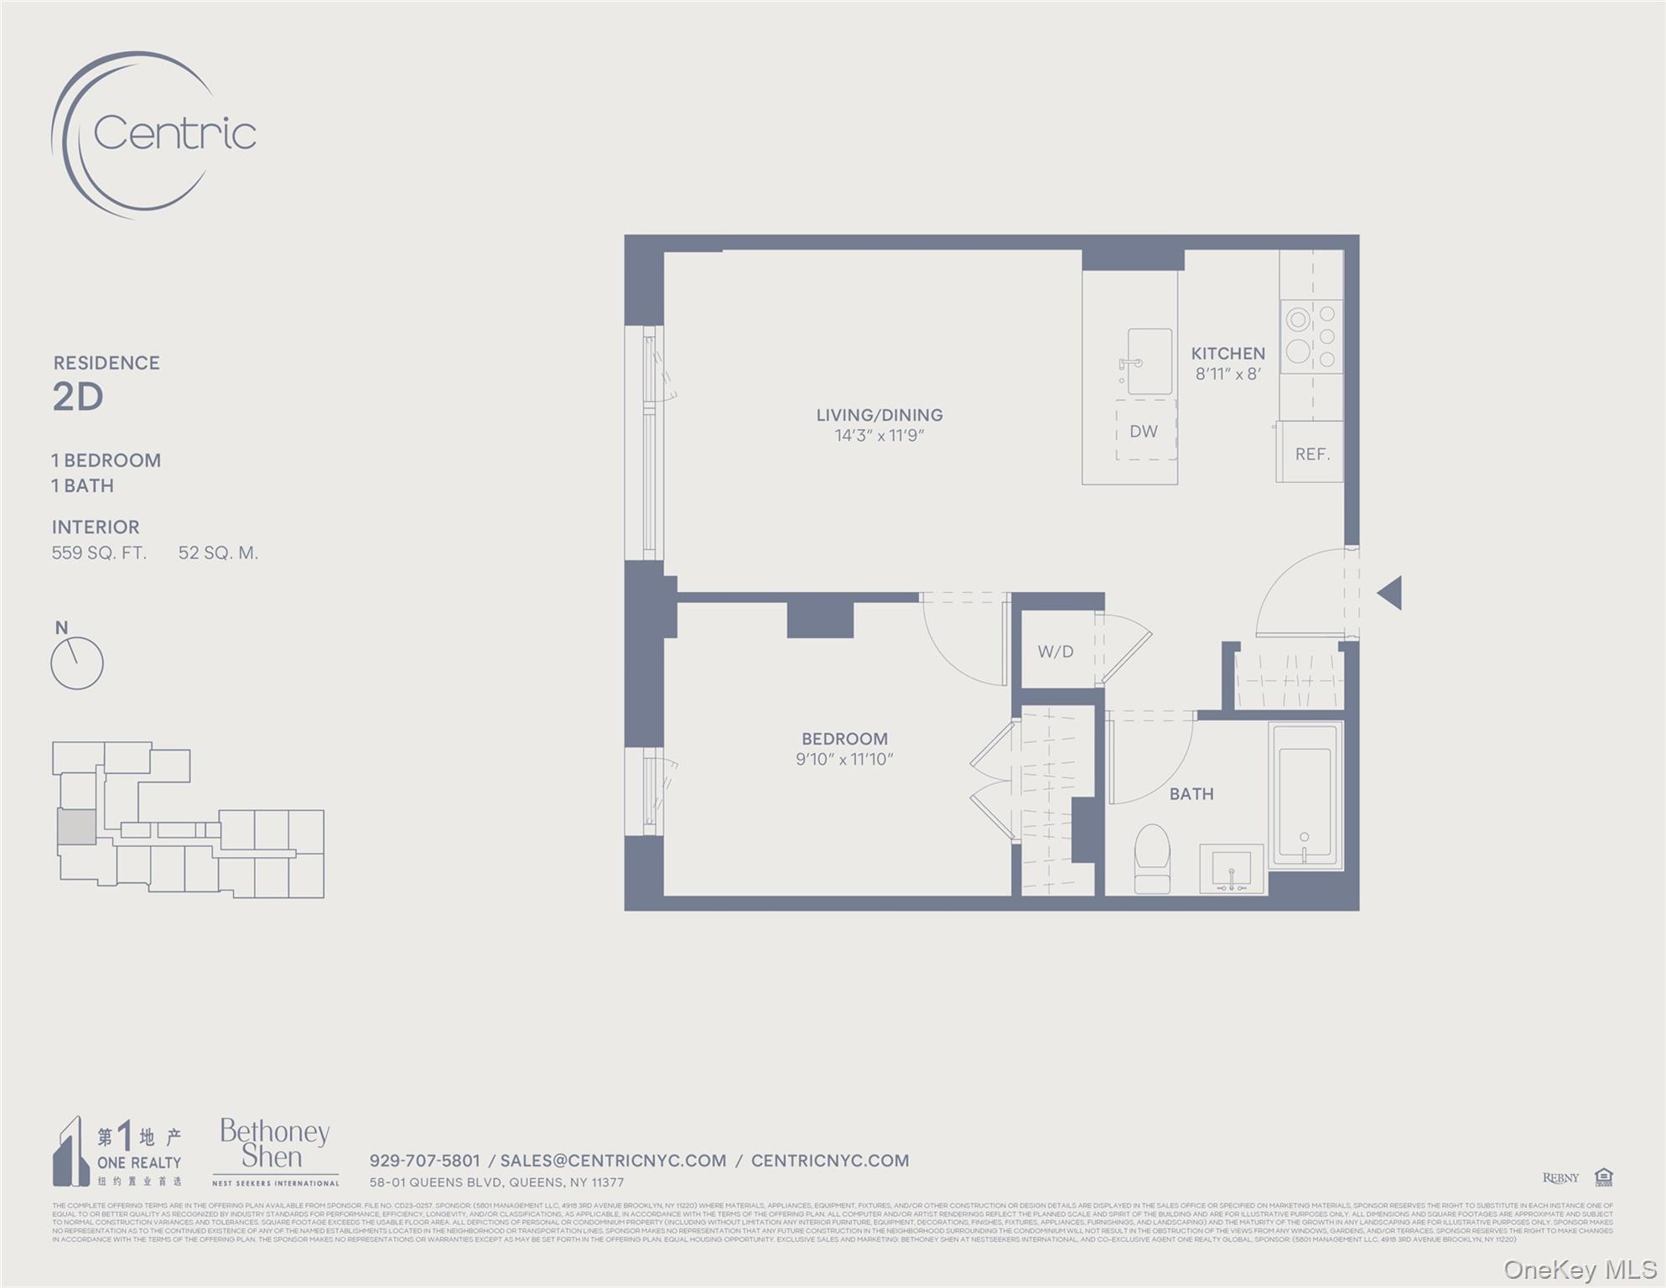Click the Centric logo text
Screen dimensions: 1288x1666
click(174, 133)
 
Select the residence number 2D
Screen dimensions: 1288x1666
click(78, 397)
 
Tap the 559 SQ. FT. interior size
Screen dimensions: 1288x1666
click(99, 553)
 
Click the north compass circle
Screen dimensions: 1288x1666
click(77, 664)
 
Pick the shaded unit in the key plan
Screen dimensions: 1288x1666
click(76, 827)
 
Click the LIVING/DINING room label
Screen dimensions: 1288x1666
click(880, 415)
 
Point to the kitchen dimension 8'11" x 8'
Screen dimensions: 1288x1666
click(1227, 375)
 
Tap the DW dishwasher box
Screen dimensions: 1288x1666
click(1144, 431)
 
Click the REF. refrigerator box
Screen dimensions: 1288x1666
click(1311, 454)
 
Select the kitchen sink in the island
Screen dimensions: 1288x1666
click(1149, 361)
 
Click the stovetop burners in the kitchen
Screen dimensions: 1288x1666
click(1311, 337)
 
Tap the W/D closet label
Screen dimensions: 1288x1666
click(1056, 652)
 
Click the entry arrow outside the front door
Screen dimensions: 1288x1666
click(1390, 593)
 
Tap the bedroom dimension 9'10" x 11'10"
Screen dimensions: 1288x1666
click(844, 760)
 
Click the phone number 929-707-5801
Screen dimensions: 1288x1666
click(425, 1161)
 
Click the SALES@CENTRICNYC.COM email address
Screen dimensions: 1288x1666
click(613, 1161)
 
